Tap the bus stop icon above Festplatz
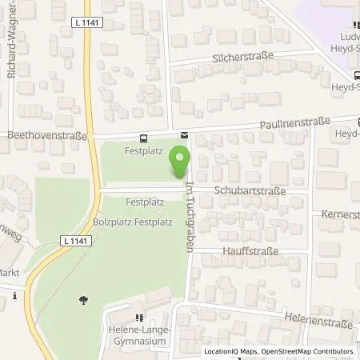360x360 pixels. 143,137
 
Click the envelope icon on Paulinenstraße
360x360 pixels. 184,134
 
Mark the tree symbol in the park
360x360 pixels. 83,300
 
